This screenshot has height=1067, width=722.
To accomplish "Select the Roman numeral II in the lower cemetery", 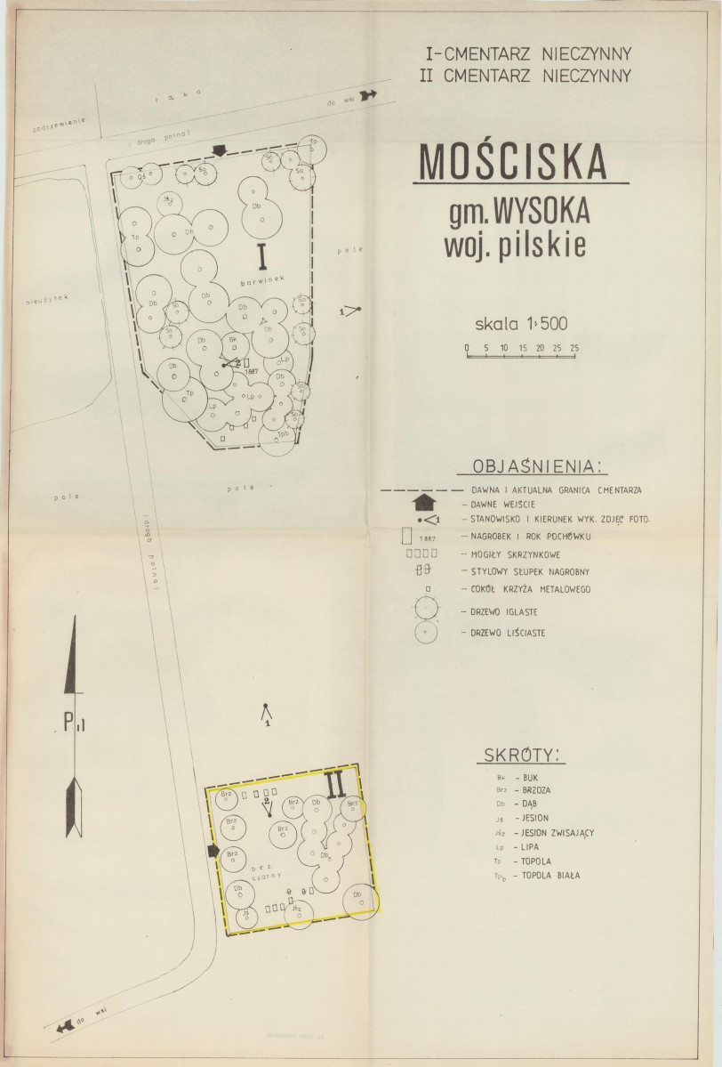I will pos(335,784).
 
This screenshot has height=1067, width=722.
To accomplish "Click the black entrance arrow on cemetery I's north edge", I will pos(221,151).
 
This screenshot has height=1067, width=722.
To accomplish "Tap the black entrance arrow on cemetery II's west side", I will pos(213,852).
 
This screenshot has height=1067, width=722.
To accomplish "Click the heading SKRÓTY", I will pos(522,756).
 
